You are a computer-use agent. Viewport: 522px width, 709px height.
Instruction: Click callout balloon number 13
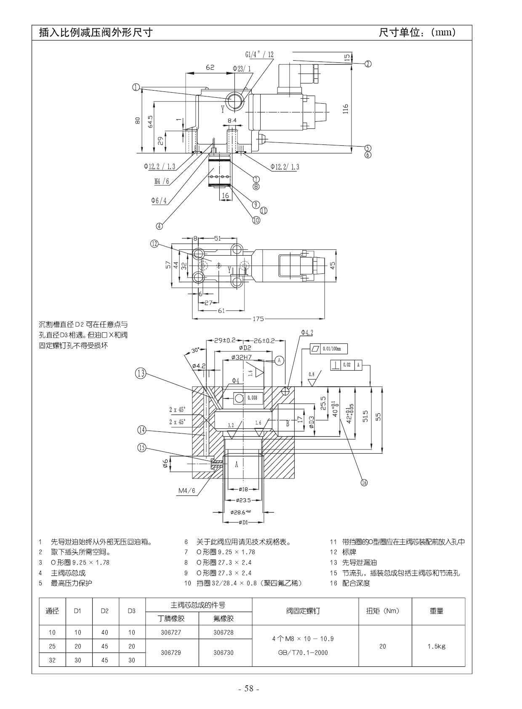point(141,373)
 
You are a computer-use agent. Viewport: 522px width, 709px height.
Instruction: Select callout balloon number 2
point(368,64)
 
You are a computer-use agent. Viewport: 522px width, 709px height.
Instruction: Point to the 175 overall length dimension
point(258,319)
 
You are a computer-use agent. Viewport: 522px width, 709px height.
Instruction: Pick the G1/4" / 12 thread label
point(259,55)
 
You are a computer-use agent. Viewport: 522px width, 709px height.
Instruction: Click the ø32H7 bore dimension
point(241,357)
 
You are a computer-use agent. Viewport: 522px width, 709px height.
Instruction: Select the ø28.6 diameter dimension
point(241,512)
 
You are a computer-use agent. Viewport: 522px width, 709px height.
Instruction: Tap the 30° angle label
point(196,350)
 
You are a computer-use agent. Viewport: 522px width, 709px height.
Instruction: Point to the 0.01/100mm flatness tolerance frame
point(329,349)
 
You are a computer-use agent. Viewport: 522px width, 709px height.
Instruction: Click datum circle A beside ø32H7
point(280,360)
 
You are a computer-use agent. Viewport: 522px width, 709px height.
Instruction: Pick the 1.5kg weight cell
point(436,646)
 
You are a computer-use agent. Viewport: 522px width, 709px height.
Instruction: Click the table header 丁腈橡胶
point(171,618)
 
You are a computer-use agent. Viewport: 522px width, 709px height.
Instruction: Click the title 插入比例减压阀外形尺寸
point(96,32)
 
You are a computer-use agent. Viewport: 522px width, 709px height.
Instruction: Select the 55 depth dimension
point(378,416)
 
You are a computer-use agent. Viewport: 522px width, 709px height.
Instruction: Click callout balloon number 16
point(364,482)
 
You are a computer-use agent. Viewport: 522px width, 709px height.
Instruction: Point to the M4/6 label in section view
point(187,491)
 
